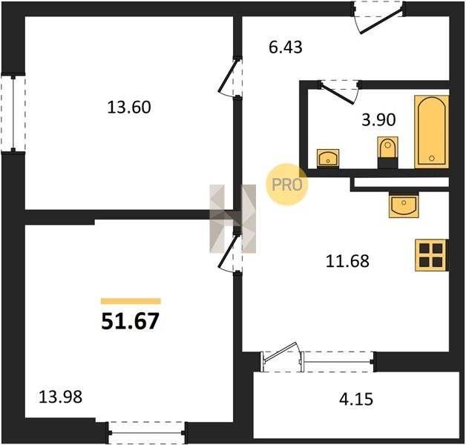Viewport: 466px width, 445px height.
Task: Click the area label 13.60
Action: pyautogui.click(x=129, y=108)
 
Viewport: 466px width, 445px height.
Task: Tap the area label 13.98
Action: pyautogui.click(x=61, y=398)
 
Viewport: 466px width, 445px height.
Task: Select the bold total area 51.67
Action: pyautogui.click(x=130, y=321)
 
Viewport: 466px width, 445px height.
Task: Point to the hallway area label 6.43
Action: pyautogui.click(x=285, y=47)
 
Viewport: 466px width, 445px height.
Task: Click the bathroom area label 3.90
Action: pyautogui.click(x=378, y=120)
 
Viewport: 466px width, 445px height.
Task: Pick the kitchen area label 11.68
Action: pyautogui.click(x=347, y=261)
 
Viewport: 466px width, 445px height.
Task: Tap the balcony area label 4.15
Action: pyautogui.click(x=356, y=399)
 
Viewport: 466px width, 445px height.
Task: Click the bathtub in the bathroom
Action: pyautogui.click(x=432, y=132)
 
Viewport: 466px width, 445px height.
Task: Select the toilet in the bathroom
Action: pyautogui.click(x=387, y=152)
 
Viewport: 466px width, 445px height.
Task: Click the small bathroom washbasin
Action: pyautogui.click(x=328, y=158)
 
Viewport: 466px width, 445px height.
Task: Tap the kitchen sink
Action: pyautogui.click(x=404, y=205)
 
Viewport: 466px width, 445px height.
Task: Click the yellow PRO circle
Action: pyautogui.click(x=286, y=185)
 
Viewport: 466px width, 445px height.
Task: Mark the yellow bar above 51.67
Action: pyautogui.click(x=131, y=301)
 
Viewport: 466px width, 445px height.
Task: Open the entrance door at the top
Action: pyautogui.click(x=378, y=18)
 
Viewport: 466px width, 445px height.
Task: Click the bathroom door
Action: pyautogui.click(x=339, y=92)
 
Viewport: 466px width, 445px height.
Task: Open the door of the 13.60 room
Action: pyautogui.click(x=230, y=76)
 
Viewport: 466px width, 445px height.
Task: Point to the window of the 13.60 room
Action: pyautogui.click(x=13, y=113)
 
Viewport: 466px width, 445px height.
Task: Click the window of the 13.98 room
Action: pyautogui.click(x=147, y=433)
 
